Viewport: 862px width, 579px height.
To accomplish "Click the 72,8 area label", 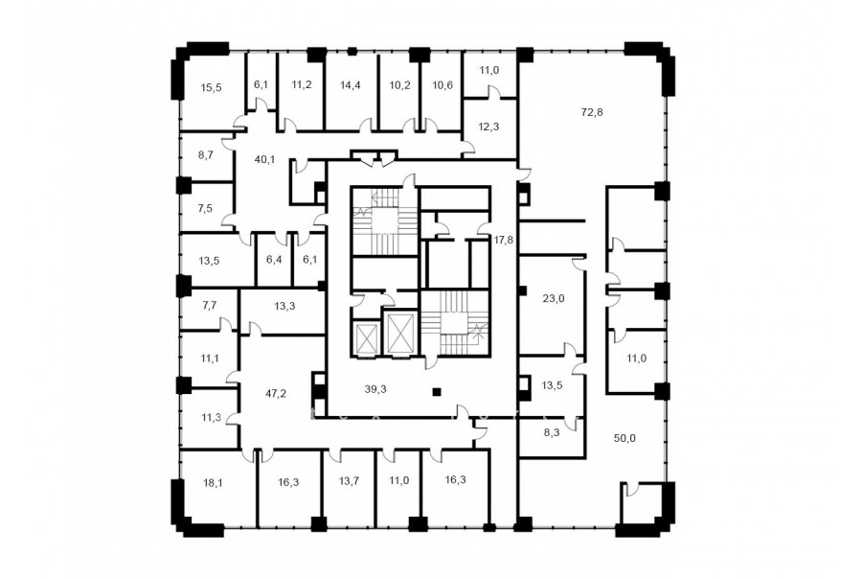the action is click(x=592, y=112).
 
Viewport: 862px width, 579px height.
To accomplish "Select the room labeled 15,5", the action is click(x=211, y=87).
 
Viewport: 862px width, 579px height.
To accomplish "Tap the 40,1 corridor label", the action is click(x=264, y=160).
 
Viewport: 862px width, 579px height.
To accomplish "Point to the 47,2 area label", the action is click(x=276, y=394).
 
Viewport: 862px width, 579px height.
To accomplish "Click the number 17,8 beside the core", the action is click(x=504, y=240).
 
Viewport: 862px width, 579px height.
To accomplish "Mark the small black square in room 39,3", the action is click(x=437, y=392).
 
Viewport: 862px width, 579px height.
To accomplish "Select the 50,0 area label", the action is click(x=624, y=439).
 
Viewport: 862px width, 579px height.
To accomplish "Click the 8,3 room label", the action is click(x=552, y=432).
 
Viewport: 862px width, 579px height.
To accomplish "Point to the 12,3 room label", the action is click(x=488, y=127).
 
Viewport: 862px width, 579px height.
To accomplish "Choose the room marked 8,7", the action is click(x=206, y=156).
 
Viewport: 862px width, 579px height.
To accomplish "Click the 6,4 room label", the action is click(x=274, y=259).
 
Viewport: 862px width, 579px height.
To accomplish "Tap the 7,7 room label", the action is click(x=210, y=306).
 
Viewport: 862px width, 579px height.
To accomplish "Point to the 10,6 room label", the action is click(x=442, y=84).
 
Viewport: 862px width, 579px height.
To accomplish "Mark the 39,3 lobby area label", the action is click(x=375, y=389).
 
